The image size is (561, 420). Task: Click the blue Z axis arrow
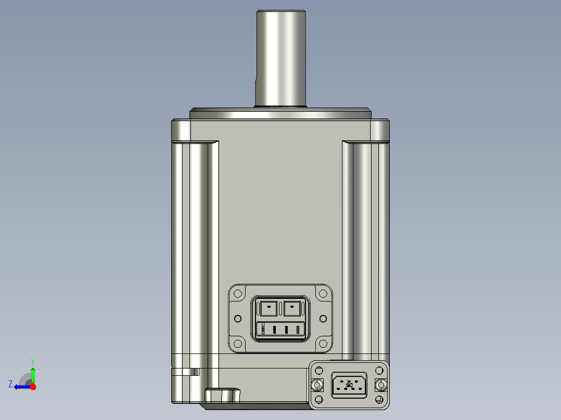point(21,387)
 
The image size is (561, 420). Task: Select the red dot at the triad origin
point(33,387)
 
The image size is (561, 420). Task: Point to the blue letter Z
point(10,384)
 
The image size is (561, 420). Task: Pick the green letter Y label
point(32,361)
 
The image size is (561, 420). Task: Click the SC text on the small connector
point(349,385)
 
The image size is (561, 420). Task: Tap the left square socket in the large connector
point(268,308)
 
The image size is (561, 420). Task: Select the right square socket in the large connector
point(292,308)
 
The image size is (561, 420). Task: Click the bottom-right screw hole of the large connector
point(323,343)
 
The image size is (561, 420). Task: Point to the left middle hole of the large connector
point(238,318)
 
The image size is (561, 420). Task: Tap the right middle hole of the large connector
point(323,318)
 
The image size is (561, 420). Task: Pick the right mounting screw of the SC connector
point(381,385)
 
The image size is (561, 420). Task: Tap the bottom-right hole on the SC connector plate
point(381,400)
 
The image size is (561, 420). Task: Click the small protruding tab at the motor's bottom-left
point(223,396)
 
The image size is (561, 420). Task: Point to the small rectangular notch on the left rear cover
point(195,372)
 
